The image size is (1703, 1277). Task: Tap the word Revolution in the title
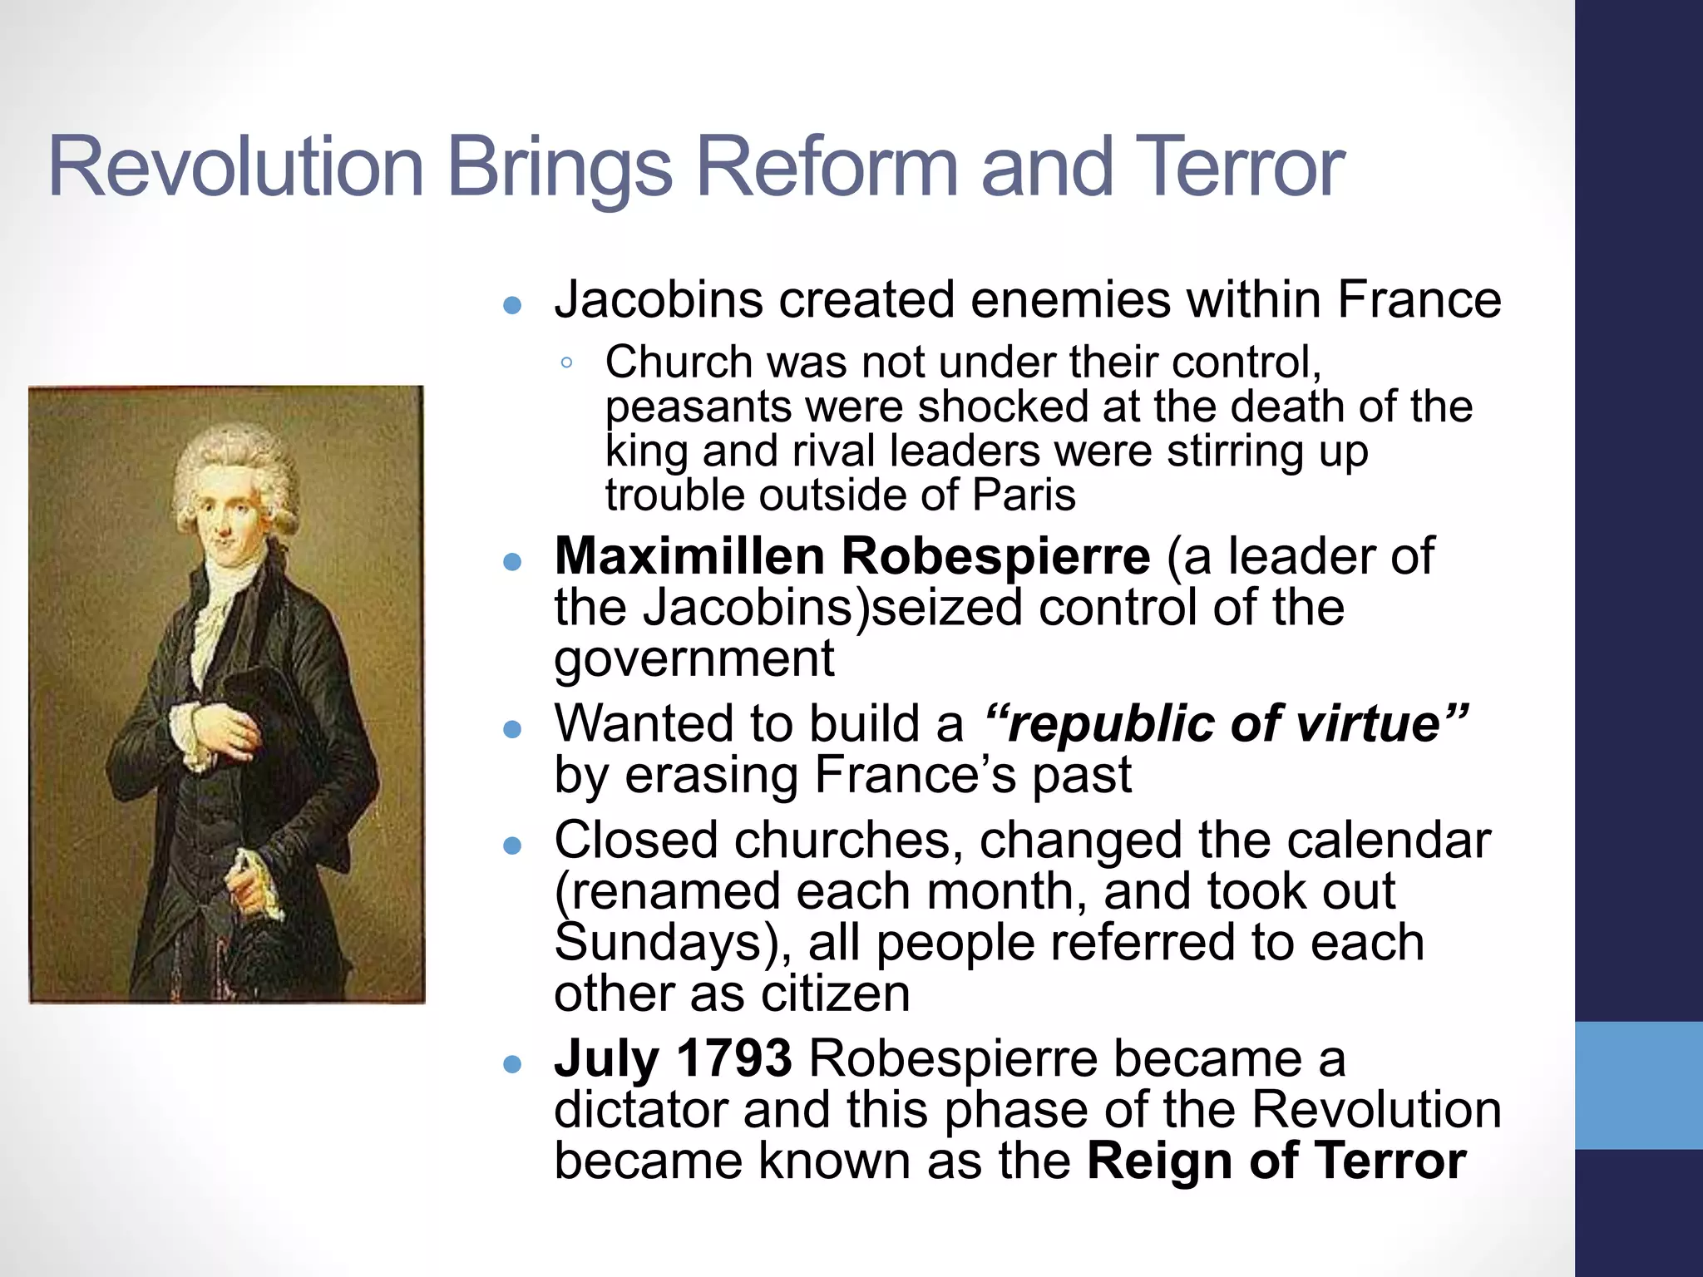click(x=236, y=168)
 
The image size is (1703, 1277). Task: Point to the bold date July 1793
click(x=673, y=1058)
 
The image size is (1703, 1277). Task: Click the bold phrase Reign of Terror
click(x=1276, y=1161)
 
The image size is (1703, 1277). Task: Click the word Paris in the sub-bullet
click(x=1024, y=496)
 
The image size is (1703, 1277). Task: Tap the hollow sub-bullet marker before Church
click(x=566, y=362)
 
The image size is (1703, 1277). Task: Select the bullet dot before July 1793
click(x=512, y=1063)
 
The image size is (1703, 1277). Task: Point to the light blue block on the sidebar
click(x=1638, y=1085)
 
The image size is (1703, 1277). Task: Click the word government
click(x=694, y=658)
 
